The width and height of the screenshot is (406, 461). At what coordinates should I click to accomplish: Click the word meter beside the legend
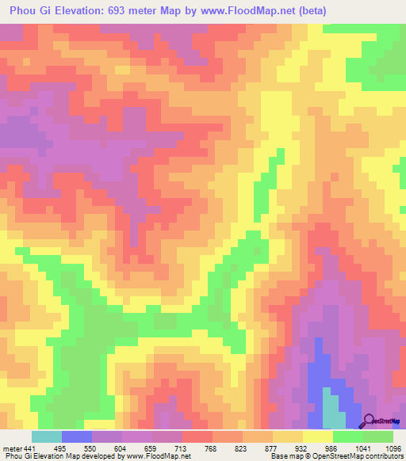(12, 448)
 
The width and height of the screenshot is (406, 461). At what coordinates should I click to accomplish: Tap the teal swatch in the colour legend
(46, 436)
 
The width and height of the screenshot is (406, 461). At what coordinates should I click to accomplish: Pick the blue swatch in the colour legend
(76, 436)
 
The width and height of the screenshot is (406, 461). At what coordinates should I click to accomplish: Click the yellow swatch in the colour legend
(317, 436)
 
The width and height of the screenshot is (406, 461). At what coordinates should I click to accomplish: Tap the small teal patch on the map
(333, 408)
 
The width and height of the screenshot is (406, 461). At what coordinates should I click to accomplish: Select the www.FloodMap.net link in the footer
(167, 456)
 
